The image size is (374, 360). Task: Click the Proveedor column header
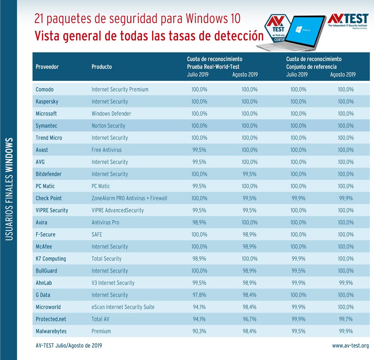click(47, 67)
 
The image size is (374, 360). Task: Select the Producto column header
click(101, 67)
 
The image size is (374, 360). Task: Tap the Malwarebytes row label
click(51, 331)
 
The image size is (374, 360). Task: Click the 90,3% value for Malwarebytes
click(200, 331)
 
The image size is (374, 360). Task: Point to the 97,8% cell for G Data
click(200, 295)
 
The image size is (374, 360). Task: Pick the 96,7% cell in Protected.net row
click(250, 319)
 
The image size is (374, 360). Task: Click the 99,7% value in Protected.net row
click(346, 319)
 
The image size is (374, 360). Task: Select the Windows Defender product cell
click(111, 114)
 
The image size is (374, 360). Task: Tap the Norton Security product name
click(108, 126)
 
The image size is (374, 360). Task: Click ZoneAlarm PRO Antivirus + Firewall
click(129, 198)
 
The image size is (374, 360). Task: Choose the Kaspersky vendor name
click(47, 102)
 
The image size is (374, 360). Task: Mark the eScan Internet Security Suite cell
click(123, 307)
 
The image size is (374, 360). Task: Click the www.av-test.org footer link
click(350, 346)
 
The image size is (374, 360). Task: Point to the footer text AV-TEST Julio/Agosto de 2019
click(69, 346)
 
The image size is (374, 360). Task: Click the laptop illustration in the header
click(301, 32)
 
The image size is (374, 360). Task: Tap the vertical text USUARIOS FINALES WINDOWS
click(9, 189)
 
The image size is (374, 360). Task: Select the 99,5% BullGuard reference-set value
click(298, 271)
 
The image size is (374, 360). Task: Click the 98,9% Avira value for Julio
click(200, 223)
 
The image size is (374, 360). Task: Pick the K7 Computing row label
click(51, 259)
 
